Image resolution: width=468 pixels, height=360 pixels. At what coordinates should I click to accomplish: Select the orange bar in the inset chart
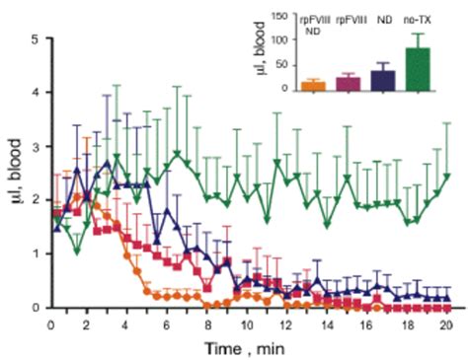point(314,86)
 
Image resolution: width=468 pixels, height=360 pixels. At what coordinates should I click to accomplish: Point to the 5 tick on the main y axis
point(37,39)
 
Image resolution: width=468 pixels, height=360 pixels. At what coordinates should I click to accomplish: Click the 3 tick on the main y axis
point(37,146)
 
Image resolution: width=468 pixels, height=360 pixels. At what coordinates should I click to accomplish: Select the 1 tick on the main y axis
point(37,253)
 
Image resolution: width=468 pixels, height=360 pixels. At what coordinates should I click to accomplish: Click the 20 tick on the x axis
point(449,322)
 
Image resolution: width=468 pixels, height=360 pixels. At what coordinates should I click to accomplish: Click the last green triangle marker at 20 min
point(449,177)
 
